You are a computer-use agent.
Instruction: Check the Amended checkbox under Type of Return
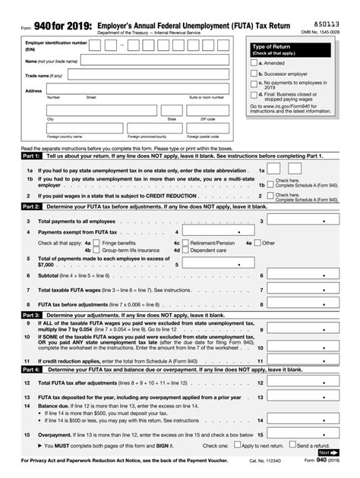(x=254, y=63)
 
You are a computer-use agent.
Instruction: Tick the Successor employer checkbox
(x=254, y=74)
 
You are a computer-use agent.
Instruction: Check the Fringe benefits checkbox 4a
(x=96, y=243)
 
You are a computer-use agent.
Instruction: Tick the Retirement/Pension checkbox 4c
(x=185, y=243)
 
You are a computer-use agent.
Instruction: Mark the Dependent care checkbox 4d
(x=185, y=250)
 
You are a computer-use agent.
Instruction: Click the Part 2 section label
(x=31, y=206)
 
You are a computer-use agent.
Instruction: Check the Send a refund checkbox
(x=292, y=445)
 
